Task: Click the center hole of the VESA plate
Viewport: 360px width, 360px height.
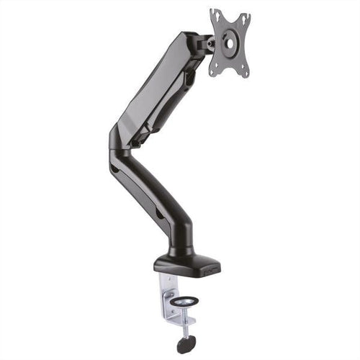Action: pos(229,43)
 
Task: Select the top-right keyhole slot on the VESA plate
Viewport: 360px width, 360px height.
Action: pos(245,17)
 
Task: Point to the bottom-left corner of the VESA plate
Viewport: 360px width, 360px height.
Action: pos(213,71)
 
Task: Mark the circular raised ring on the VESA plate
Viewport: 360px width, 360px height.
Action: pos(229,43)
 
